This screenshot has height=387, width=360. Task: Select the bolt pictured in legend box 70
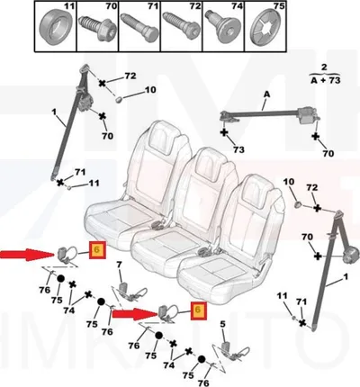pos(97,28)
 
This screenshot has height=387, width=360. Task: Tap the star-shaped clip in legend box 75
pos(265,28)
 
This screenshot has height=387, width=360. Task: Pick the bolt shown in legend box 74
pos(222,29)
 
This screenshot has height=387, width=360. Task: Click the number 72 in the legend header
pos(195,6)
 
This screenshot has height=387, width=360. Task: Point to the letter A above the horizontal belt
pos(266,94)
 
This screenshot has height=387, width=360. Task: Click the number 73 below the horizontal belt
pos(238,149)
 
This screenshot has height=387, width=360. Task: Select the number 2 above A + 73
pos(324,67)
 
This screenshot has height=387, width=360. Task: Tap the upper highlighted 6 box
pos(97,249)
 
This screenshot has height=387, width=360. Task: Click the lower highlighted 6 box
pos(198,310)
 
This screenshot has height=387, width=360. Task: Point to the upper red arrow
pos(27,255)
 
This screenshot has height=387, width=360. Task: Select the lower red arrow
pos(135,314)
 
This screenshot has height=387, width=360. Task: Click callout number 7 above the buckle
pos(120,265)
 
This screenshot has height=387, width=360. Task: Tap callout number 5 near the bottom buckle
pos(222,324)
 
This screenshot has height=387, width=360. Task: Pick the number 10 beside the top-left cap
pos(150,90)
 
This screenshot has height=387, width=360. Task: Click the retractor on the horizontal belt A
pos(307,115)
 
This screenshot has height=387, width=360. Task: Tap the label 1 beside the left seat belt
pos(54,112)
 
